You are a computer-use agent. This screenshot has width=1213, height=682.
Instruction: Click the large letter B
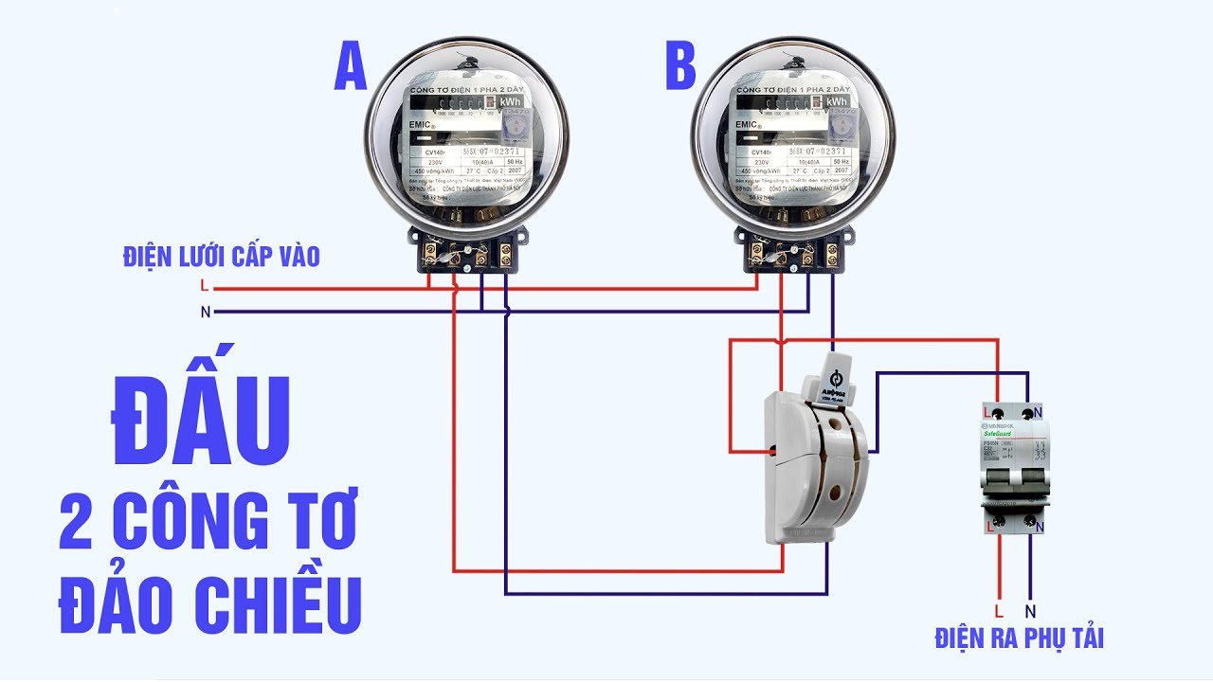pyautogui.click(x=680, y=67)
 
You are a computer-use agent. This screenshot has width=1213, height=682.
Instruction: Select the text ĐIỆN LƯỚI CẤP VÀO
pyautogui.click(x=221, y=256)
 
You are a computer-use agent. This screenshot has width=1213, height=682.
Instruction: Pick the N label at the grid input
pyautogui.click(x=206, y=312)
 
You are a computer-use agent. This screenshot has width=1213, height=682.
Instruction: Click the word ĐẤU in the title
pyautogui.click(x=201, y=422)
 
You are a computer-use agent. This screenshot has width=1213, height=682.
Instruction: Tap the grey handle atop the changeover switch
pyautogui.click(x=834, y=374)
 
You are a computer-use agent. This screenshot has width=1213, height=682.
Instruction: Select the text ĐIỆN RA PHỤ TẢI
pyautogui.click(x=1019, y=637)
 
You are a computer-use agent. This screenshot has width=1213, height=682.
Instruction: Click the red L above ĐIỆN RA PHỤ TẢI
pyautogui.click(x=998, y=611)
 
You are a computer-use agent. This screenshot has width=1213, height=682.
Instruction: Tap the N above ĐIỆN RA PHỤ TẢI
pyautogui.click(x=1031, y=611)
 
